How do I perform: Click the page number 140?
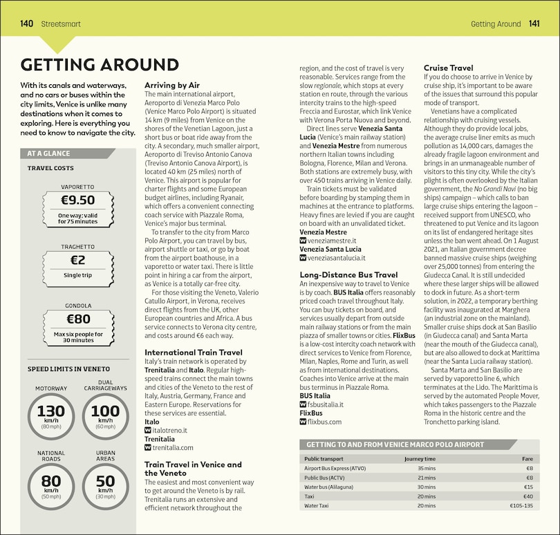pyautogui.click(x=27, y=24)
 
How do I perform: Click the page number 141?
pyautogui.click(x=534, y=24)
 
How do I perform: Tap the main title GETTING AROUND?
pyautogui.click(x=100, y=65)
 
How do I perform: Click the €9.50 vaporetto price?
pyautogui.click(x=77, y=200)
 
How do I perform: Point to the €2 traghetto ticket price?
pyautogui.click(x=77, y=260)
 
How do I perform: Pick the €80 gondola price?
pyautogui.click(x=77, y=319)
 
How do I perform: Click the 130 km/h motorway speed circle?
pyautogui.click(x=51, y=415)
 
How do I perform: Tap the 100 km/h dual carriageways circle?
pyautogui.click(x=105, y=415)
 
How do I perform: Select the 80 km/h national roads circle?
pyautogui.click(x=51, y=485)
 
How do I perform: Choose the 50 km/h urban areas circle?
pyautogui.click(x=105, y=485)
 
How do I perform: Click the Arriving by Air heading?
pyautogui.click(x=172, y=85)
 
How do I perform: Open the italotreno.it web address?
pyautogui.click(x=169, y=430)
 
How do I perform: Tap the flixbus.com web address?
pyautogui.click(x=324, y=421)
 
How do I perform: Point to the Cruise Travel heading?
pyautogui.click(x=448, y=68)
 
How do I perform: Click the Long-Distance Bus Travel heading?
pyautogui.click(x=348, y=274)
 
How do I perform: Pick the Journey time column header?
pyautogui.click(x=420, y=458)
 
